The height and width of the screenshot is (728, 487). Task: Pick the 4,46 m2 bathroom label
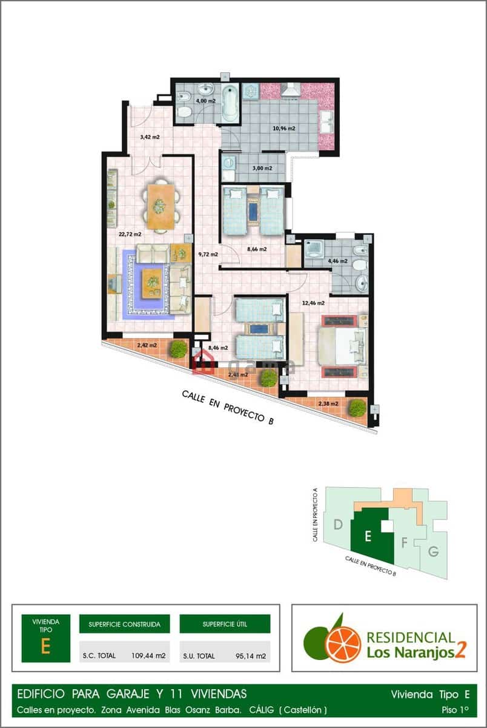pos(337,261)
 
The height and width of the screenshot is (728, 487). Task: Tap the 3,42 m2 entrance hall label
pos(150,137)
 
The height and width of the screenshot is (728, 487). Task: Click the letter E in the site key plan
pos(366,535)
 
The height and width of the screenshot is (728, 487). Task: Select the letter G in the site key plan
pos(432,551)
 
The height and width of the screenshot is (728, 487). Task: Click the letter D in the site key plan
pos(339,524)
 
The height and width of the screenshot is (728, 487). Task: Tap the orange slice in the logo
pos(343,644)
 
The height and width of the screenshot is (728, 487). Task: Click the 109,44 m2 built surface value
pos(148,655)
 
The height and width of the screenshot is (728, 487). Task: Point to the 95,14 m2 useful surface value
pos(251,655)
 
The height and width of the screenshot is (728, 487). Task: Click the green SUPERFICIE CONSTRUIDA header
pos(124,624)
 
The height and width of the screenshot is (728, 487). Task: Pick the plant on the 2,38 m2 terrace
pos(357,407)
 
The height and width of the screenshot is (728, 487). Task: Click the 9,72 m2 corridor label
pos(208,254)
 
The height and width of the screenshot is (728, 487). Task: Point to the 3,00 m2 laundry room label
pos(262,168)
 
